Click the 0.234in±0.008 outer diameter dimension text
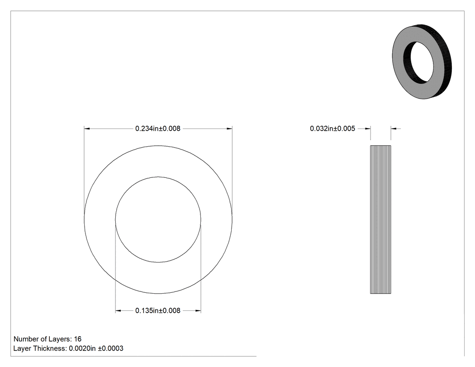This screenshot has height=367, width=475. [x=158, y=129]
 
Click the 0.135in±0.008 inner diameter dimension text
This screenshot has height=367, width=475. [x=158, y=310]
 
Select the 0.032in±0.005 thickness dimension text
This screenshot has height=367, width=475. [x=332, y=129]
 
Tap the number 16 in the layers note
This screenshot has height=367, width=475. [x=78, y=339]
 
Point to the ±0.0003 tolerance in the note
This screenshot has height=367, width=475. [x=110, y=348]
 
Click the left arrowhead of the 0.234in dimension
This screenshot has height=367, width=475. [x=87, y=129]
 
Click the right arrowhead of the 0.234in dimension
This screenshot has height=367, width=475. [x=229, y=129]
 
